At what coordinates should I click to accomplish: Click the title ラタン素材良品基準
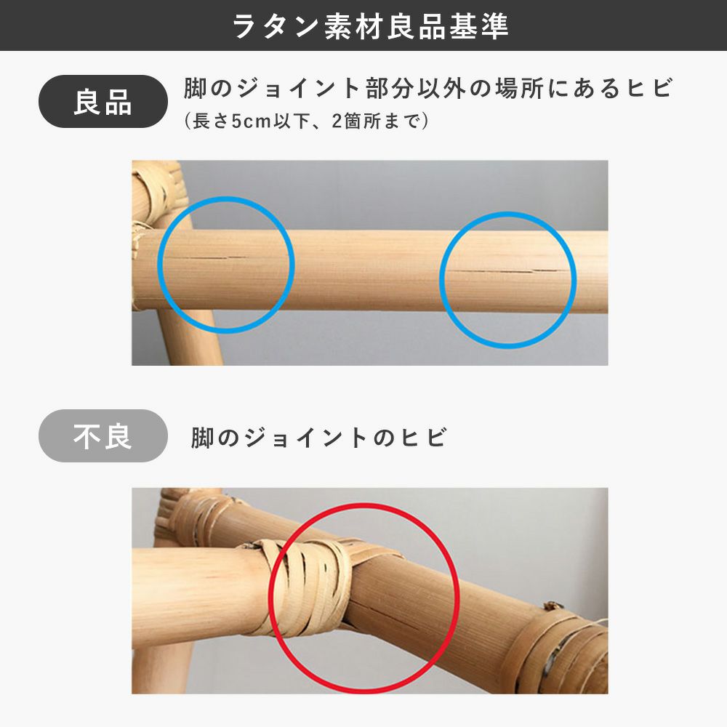371,26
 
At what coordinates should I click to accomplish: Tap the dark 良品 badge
103,102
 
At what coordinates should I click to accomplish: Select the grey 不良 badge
103,435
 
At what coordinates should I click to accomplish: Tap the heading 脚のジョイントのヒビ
319,438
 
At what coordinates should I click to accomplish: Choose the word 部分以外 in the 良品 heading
415,88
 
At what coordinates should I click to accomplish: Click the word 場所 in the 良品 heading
519,88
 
